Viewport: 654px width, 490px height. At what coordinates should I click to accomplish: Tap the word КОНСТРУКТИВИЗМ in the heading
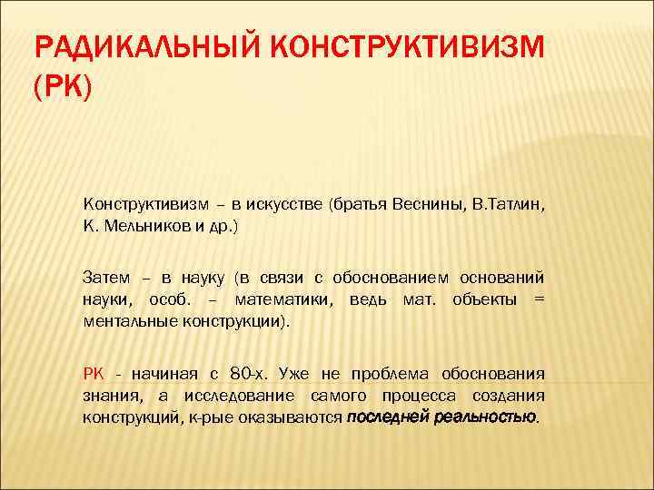click(x=411, y=46)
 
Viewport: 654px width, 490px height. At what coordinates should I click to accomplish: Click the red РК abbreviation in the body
click(x=94, y=374)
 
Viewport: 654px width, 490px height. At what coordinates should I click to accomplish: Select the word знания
click(x=108, y=397)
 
